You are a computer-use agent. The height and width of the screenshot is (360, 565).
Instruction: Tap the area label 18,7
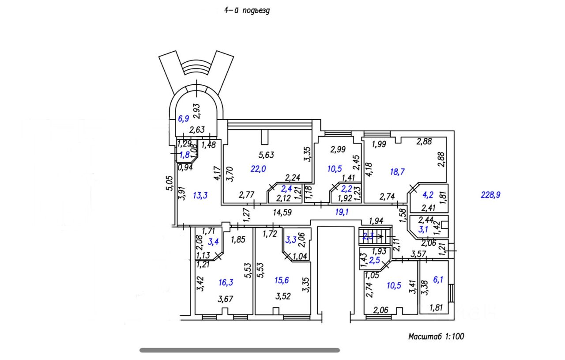397,172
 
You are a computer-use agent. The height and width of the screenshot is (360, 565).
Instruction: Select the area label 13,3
200,196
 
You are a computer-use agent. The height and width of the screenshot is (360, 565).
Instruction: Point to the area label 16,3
226,282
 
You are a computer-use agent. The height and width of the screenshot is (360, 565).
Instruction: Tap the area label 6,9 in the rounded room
183,119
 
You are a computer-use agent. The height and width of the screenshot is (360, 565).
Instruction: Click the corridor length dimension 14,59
283,212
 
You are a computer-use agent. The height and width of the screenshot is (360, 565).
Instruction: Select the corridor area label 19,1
342,212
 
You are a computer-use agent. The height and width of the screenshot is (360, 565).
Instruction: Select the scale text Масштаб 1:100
436,337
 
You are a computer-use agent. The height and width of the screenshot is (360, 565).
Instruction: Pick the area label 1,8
184,155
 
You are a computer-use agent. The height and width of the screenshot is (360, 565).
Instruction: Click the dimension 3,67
226,299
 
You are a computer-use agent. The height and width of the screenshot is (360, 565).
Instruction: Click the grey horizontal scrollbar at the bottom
240,350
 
